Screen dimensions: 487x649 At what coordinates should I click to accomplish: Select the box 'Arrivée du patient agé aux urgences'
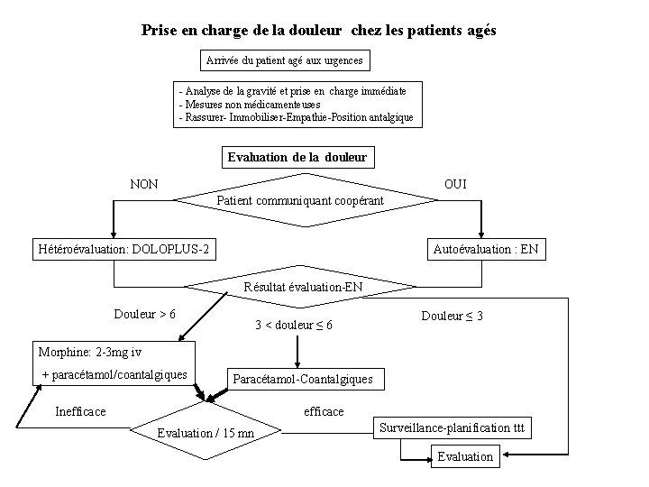click(284, 61)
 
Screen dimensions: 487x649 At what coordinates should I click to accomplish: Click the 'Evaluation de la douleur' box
click(297, 157)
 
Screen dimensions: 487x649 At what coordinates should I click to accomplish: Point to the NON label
click(144, 184)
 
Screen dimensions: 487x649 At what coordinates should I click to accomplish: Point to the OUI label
click(455, 184)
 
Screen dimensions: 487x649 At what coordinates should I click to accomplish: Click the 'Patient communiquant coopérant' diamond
click(300, 199)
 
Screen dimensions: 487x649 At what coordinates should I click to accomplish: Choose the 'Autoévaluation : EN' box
click(486, 249)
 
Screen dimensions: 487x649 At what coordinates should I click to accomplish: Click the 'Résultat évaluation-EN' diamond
click(302, 288)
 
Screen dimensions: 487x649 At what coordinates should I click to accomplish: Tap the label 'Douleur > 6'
click(144, 314)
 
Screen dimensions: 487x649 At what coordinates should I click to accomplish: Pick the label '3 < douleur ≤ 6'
click(294, 325)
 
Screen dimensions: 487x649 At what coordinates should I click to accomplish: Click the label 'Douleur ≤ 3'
click(452, 316)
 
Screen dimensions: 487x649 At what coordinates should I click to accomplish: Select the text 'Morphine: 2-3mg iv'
click(90, 351)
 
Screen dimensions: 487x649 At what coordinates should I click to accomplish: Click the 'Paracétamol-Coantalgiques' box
click(302, 379)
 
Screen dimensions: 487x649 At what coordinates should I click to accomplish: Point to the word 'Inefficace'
click(80, 411)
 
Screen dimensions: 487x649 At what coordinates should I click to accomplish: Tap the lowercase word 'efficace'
click(324, 411)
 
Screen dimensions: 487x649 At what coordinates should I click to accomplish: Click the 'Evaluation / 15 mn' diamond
click(206, 434)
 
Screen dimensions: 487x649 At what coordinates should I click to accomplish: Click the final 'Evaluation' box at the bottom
click(465, 456)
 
